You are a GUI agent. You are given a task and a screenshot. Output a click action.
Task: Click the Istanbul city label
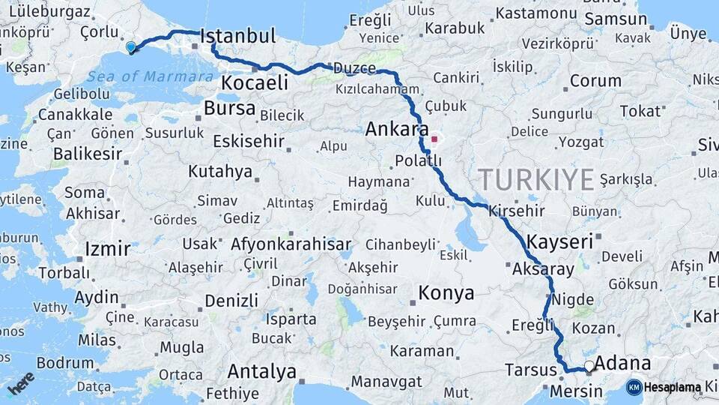pos(238,36)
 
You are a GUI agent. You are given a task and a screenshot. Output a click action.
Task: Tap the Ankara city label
pos(396,129)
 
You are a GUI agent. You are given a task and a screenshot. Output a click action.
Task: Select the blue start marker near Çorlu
pos(131,47)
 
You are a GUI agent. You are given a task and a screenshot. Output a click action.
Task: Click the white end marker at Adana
pos(589,367)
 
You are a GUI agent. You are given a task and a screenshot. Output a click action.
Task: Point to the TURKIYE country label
pos(536,179)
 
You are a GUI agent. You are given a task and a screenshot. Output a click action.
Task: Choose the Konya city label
pos(446,293)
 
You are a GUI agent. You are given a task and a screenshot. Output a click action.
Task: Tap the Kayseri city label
pos(559,241)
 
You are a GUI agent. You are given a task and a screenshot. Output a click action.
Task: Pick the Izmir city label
pos(108,249)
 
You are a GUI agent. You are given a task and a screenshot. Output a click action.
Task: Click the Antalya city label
pos(261,371)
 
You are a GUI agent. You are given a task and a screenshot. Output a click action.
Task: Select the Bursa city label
pos(230,109)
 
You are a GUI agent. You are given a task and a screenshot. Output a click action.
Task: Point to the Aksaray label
pos(544,269)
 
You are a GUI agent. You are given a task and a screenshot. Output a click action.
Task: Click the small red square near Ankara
pos(434,139)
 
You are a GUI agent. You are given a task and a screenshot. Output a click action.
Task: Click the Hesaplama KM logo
pos(664,387)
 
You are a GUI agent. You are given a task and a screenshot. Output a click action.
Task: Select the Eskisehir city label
pos(249,141)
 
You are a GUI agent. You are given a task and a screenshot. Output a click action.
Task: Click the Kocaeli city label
pos(255,82)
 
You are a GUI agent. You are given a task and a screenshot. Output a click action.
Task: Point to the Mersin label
pos(576,391)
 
